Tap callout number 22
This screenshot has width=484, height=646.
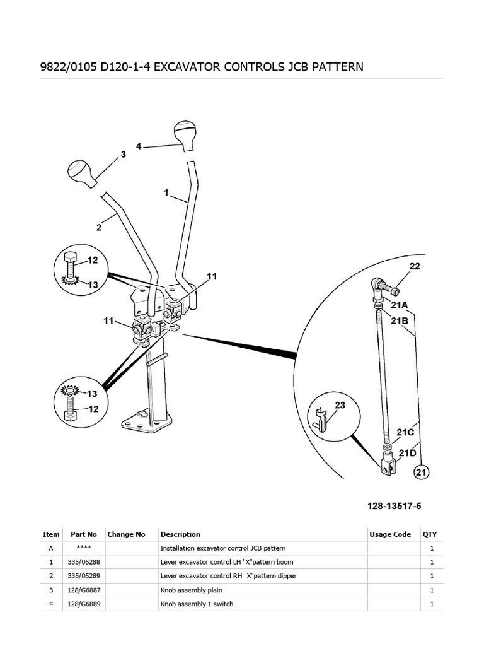(x=414, y=267)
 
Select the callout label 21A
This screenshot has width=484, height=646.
(x=399, y=305)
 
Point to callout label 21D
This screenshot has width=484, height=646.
(x=406, y=452)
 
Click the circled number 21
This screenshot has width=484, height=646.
(x=421, y=471)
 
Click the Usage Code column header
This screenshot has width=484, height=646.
(x=389, y=534)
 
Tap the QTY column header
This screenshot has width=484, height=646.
(x=429, y=534)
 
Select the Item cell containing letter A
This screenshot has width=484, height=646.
(x=51, y=548)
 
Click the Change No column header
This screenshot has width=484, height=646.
(x=126, y=534)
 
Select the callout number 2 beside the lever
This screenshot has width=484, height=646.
(x=99, y=226)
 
